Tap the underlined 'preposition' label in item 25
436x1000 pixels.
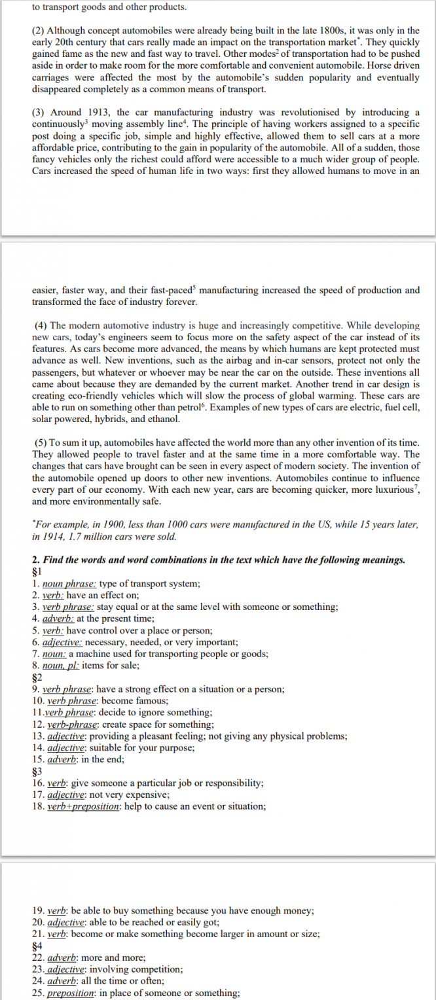(x=70, y=993)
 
